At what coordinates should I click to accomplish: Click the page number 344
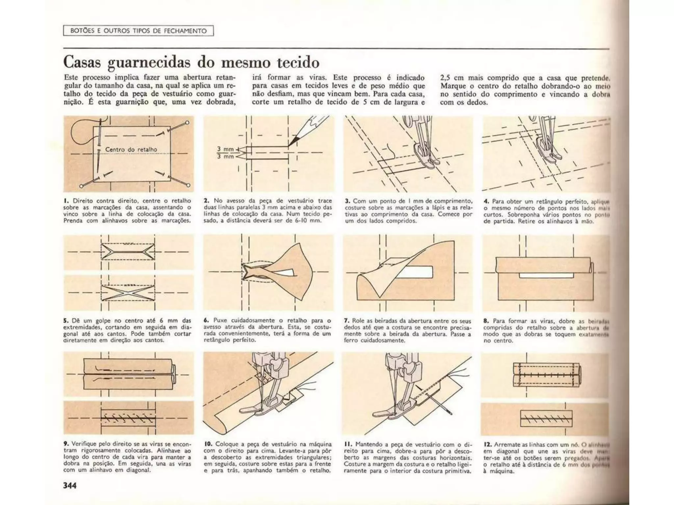[70, 485]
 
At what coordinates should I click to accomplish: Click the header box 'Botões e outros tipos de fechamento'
[138, 31]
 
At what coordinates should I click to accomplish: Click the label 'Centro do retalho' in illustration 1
[131, 150]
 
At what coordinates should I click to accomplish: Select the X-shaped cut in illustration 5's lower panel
[128, 292]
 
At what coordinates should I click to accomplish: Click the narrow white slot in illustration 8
[546, 275]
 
